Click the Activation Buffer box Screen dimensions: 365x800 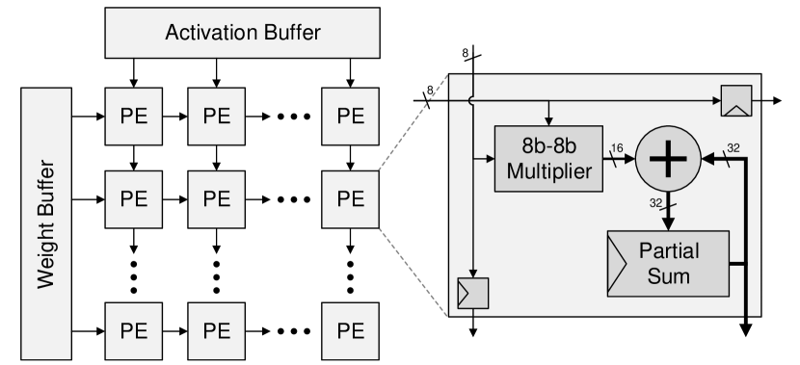pyautogui.click(x=243, y=32)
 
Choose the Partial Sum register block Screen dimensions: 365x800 pyautogui.click(x=666, y=262)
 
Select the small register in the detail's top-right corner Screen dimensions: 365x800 pyautogui.click(x=736, y=99)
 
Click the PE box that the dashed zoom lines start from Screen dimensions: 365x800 pyautogui.click(x=351, y=199)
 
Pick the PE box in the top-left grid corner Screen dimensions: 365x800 pyautogui.click(x=133, y=116)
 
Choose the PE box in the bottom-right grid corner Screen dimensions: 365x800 pyautogui.click(x=351, y=330)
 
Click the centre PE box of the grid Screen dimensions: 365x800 pyautogui.click(x=217, y=199)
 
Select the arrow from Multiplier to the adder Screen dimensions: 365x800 pyautogui.click(x=618, y=159)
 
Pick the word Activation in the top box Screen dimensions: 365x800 pyautogui.click(x=206, y=32)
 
